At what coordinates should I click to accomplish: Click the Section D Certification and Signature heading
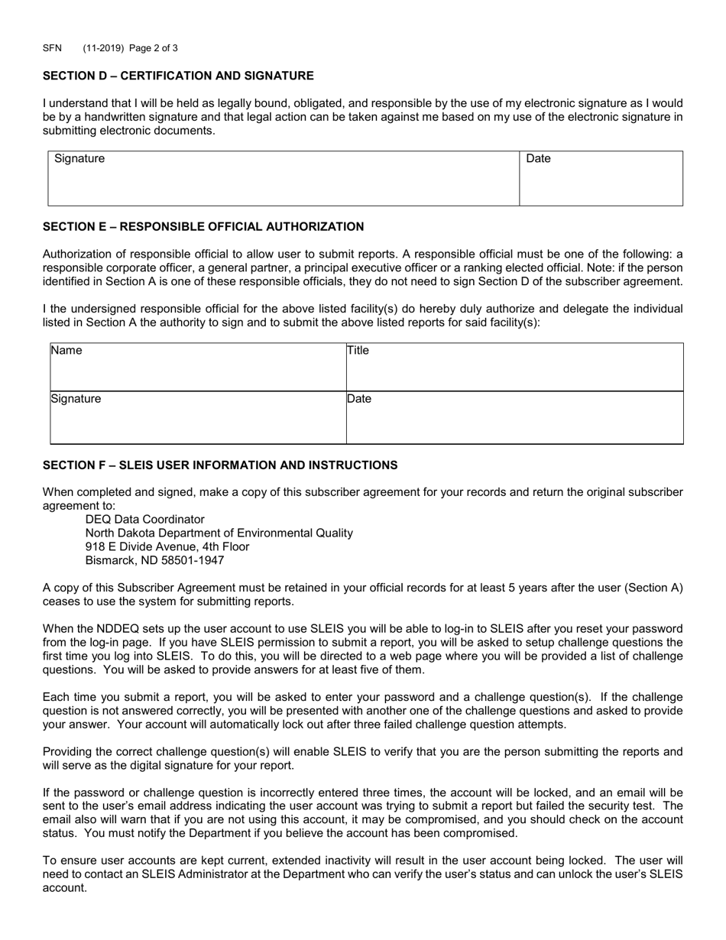[178, 76]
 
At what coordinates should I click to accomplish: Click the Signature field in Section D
[284, 180]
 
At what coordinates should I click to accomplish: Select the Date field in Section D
[601, 180]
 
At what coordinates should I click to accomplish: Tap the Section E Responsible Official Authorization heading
[203, 227]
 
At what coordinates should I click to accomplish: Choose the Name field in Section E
[198, 368]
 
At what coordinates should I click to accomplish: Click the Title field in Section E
[514, 368]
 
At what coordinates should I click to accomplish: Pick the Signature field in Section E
[198, 419]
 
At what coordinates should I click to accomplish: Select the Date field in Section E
[514, 419]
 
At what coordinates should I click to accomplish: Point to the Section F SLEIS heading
[220, 465]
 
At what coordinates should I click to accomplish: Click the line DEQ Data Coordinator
[144, 520]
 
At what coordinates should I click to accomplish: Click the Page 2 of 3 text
[154, 48]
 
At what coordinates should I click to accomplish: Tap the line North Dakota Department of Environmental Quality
[219, 533]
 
